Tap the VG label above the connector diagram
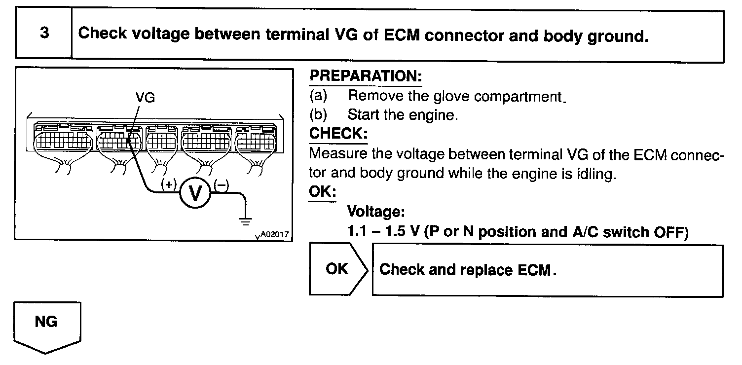pyautogui.click(x=145, y=98)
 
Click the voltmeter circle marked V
pyautogui.click(x=196, y=193)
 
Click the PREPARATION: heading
pyautogui.click(x=366, y=76)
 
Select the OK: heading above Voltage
pyautogui.click(x=323, y=191)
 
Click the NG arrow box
pyautogui.click(x=47, y=323)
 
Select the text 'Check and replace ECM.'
pyautogui.click(x=468, y=270)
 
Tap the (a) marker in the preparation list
pyautogui.click(x=318, y=96)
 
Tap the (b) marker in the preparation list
pyautogui.click(x=318, y=115)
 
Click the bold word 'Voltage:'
pyautogui.click(x=376, y=212)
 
